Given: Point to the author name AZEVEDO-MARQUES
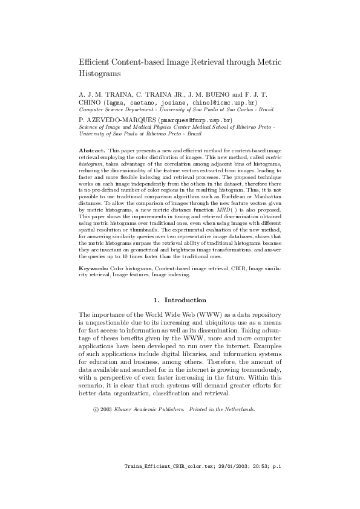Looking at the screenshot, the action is pyautogui.click(x=118, y=120).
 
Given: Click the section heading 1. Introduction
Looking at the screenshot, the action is pyautogui.click(x=180, y=300).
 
